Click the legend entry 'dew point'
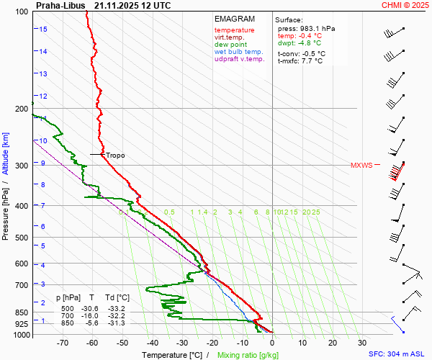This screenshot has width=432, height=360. pos(230,44)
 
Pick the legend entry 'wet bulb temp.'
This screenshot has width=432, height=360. pos(239,52)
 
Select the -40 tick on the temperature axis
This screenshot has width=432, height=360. pos(152,343)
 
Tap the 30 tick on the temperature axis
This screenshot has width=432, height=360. pos(362,343)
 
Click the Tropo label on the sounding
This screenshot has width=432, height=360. pos(115,155)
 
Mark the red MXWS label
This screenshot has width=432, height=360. pos(361,166)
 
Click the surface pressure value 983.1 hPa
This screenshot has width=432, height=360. pos(316,28)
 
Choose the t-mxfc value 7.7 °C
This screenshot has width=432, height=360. pos(311,61)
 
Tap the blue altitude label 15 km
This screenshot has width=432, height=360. pos(43,29)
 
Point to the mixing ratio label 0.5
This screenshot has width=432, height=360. pos(169,212)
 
